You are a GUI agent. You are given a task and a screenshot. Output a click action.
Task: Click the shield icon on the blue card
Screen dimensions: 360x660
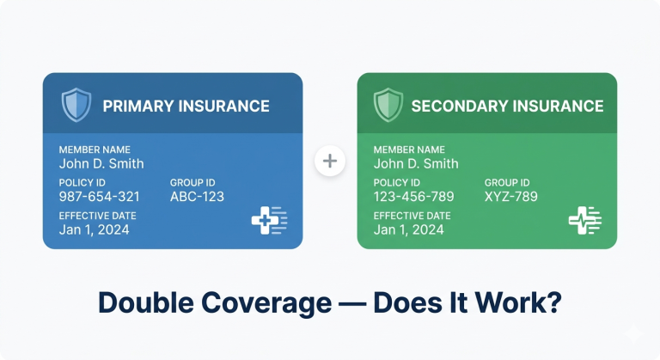[x=76, y=106]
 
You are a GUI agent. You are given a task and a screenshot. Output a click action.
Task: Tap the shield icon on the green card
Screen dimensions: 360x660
[x=388, y=106]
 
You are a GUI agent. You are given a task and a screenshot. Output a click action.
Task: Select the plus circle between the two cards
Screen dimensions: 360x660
[x=330, y=161]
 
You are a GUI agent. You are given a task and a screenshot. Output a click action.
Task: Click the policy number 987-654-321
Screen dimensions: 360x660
[x=98, y=197]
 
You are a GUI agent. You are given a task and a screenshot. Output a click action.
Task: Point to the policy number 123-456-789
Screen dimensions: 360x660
[x=412, y=197]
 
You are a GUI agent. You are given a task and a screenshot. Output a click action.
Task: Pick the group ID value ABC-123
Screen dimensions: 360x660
[x=197, y=197]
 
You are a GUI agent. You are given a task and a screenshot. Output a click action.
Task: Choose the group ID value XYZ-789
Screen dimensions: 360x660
[x=510, y=197]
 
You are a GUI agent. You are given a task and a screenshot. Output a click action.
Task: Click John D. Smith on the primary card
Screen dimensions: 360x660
[x=101, y=163]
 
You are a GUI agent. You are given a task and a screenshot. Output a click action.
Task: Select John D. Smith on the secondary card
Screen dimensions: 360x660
[x=416, y=163]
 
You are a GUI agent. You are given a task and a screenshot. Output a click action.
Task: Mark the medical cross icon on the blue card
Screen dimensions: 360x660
[x=269, y=221]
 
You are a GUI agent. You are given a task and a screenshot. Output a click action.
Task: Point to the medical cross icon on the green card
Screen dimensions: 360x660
[x=584, y=221]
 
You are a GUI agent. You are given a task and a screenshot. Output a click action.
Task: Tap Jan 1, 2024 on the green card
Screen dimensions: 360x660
[x=409, y=229]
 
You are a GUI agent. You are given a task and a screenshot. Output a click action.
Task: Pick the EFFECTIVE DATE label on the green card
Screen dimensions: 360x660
[x=412, y=216]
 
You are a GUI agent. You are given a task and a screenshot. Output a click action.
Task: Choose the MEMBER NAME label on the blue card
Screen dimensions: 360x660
[x=95, y=149]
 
